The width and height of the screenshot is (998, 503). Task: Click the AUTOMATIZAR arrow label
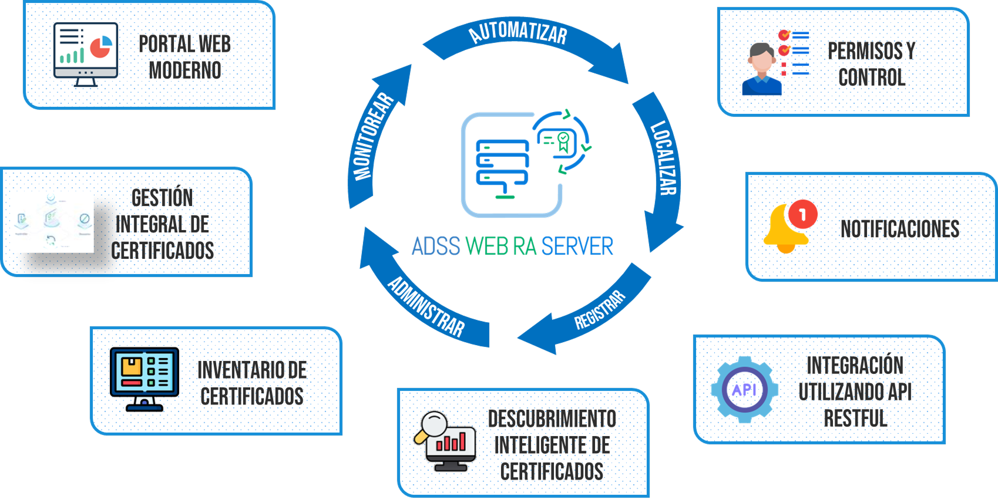(518, 32)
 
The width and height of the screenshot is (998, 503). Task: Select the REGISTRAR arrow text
(600, 309)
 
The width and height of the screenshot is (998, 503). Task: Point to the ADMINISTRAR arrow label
(426, 307)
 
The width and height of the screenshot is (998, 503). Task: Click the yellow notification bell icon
(784, 230)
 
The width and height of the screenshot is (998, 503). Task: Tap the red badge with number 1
(802, 214)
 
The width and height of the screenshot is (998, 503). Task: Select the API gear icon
(744, 390)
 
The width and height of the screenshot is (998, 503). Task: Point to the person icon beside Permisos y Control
(762, 69)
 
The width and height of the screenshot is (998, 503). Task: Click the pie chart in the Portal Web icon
(101, 47)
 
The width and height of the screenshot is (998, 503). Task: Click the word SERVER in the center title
(577, 247)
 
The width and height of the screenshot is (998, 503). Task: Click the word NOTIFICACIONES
(900, 229)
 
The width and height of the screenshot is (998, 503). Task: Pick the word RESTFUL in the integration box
(855, 418)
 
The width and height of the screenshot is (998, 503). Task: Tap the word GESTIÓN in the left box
(162, 198)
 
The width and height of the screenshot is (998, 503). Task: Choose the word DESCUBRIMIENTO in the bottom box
(552, 419)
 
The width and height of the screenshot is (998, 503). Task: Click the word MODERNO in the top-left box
(185, 70)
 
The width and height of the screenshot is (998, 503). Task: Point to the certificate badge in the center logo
(563, 141)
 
